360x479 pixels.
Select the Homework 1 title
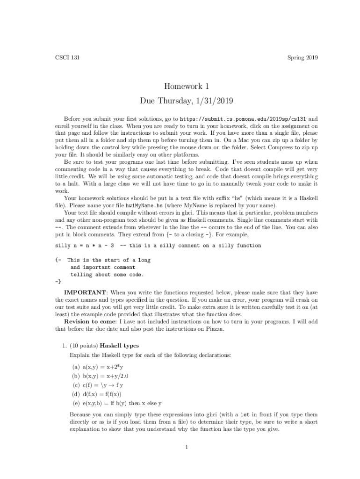(186, 86)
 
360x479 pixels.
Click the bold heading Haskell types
(113, 346)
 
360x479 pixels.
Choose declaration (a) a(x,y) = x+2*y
(100, 368)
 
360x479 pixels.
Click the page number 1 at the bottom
(186, 447)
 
